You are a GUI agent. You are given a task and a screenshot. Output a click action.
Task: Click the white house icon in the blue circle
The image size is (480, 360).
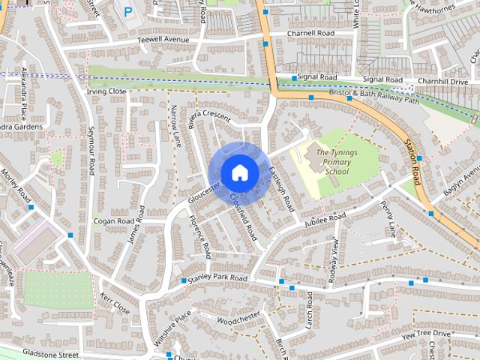point(239,172)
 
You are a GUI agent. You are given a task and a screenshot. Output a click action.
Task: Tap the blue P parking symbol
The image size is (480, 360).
point(128,12)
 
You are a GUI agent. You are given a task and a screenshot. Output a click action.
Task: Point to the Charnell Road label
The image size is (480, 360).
point(311,34)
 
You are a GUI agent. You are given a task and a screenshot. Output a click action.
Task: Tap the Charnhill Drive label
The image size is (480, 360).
point(442,81)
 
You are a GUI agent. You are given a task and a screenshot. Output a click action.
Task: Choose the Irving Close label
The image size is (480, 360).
point(106,91)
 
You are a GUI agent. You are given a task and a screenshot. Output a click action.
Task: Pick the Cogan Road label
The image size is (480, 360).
point(113,221)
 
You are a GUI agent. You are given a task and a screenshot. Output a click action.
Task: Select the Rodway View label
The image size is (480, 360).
point(335,260)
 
